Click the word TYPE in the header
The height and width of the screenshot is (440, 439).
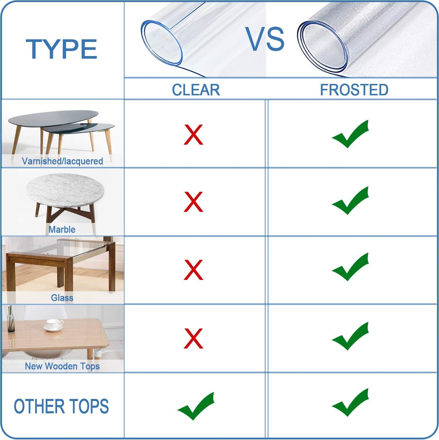point(62,49)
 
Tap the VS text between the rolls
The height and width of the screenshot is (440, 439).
point(265,39)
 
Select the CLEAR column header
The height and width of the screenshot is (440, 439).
point(196,90)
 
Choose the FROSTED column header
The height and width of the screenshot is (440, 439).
point(354,90)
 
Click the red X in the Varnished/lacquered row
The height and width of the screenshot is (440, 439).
point(193,134)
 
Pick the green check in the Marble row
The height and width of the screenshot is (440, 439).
point(350,201)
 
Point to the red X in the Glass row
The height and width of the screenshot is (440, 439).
point(193,270)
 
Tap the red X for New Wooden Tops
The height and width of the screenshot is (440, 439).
point(193,338)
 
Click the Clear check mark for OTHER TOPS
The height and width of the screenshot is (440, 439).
point(196,406)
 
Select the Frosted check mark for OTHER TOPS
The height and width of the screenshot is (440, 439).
point(350,402)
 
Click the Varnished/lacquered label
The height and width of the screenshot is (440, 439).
point(62,161)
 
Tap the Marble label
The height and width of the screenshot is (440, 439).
point(62,229)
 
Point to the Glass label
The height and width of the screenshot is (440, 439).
point(62,298)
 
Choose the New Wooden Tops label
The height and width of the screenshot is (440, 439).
point(62,366)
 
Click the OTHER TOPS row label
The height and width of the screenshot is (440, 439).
point(61,406)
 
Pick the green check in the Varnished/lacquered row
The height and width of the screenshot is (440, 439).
point(350,134)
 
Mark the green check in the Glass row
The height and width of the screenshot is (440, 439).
point(350,267)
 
